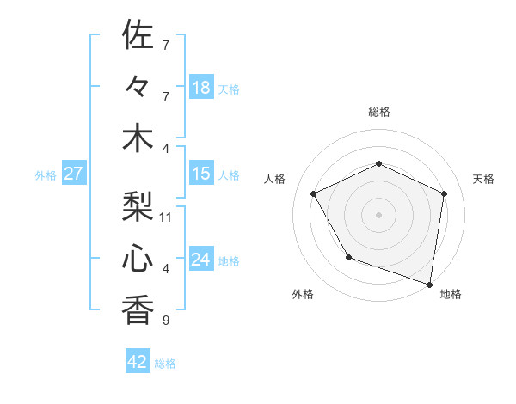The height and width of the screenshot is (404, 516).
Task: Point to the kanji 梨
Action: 138,206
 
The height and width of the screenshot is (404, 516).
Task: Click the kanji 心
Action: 138,258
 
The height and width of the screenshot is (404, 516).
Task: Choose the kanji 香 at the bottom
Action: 138,309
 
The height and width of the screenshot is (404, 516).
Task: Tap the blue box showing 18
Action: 201,87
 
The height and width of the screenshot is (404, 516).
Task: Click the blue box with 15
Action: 201,174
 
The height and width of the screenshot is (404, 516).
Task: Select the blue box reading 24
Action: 201,260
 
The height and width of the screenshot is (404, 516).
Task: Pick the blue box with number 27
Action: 74,174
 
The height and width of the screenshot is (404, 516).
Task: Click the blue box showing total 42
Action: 138,362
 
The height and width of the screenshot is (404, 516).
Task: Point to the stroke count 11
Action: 166,217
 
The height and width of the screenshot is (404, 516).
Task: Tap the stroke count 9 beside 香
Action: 165,321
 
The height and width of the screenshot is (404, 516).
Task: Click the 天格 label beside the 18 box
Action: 229,89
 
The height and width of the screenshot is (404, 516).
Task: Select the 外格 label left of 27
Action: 46,175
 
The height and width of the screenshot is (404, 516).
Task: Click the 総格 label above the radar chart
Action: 379,112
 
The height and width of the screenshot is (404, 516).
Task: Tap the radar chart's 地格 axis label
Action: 451,294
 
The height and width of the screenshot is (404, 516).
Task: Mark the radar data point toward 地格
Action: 429,283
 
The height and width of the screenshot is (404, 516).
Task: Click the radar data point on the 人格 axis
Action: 314,193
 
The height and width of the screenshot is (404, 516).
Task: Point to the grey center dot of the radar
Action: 379,214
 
